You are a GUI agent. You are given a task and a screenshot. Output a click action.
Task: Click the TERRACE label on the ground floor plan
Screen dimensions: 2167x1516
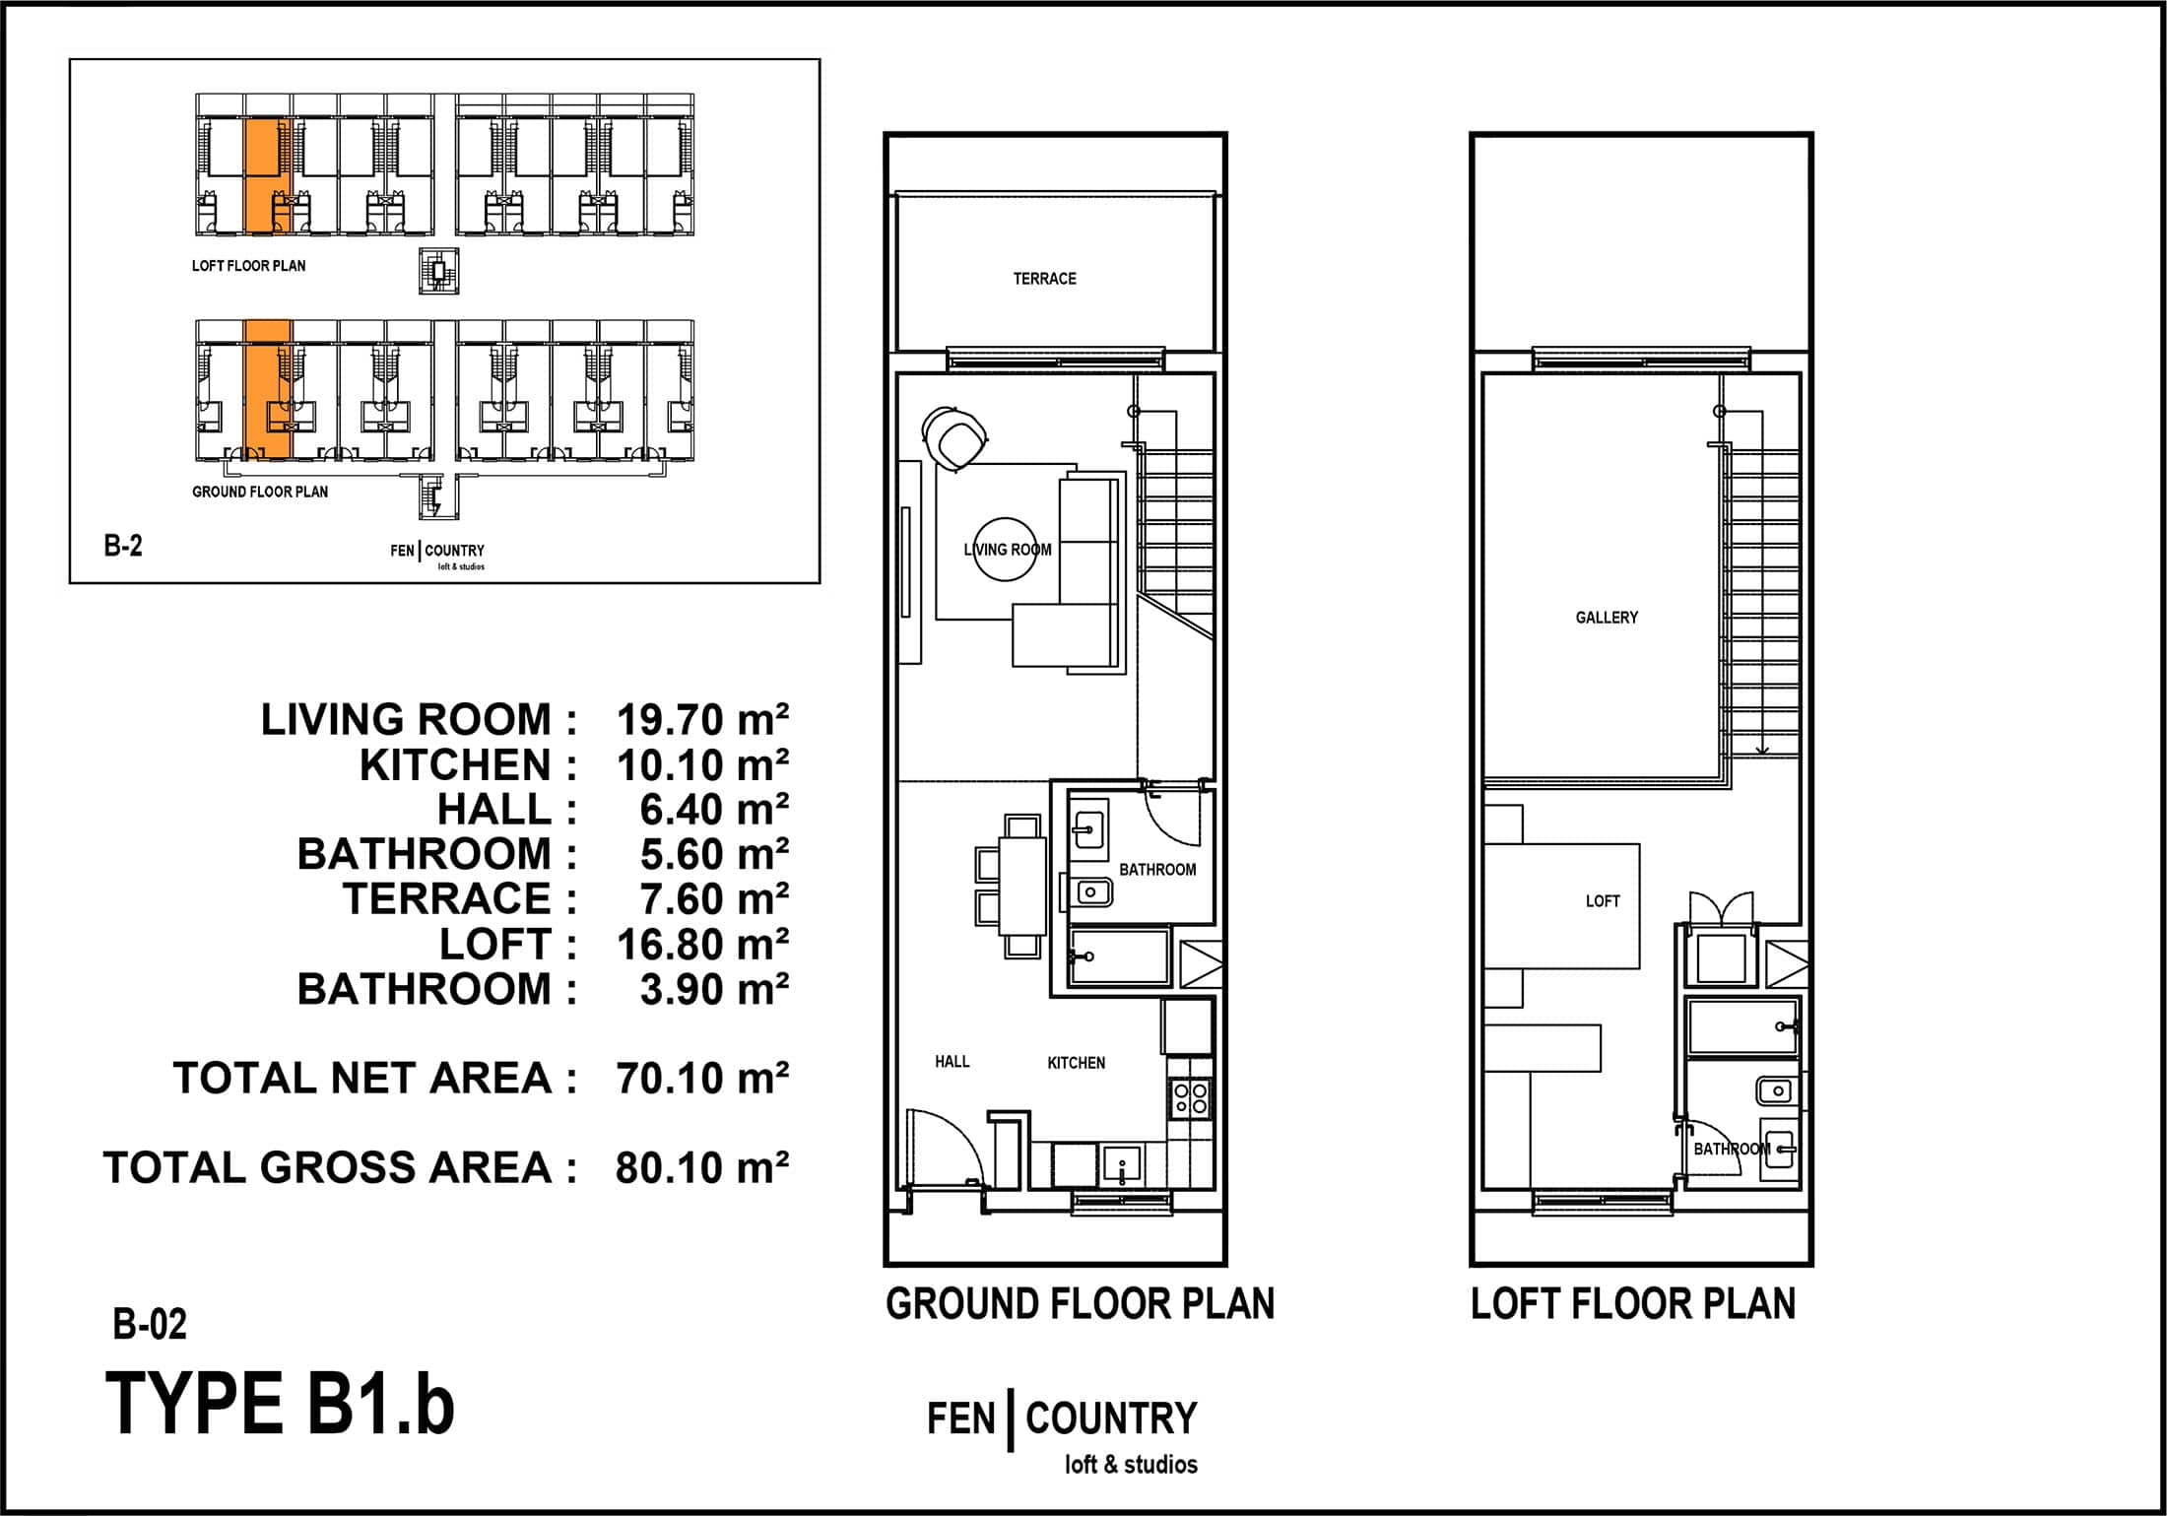coord(1044,279)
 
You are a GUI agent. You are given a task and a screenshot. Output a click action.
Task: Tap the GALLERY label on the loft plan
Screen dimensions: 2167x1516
coord(1607,618)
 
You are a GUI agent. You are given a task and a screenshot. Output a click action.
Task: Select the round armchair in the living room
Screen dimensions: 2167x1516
coord(954,436)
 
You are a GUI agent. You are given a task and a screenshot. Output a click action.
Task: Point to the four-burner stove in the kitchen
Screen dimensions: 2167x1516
coord(1190,1097)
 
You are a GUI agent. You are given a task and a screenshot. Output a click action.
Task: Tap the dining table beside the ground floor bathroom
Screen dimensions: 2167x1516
coord(1022,886)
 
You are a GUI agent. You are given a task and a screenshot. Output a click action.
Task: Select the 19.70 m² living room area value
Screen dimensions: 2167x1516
coord(702,719)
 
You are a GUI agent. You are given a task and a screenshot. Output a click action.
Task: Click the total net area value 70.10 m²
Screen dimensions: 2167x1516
coord(702,1078)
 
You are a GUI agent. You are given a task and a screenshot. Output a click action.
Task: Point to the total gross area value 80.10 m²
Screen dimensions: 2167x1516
coord(702,1167)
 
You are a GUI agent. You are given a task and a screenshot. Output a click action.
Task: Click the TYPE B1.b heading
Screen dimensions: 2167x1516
coord(280,1403)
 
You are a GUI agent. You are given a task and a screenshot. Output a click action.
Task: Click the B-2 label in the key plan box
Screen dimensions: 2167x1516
coord(123,546)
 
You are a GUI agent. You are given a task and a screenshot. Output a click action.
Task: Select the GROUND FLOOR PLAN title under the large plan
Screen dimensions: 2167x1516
coord(1080,1303)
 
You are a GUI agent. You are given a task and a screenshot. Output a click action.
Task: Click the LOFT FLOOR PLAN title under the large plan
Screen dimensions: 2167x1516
coord(1633,1303)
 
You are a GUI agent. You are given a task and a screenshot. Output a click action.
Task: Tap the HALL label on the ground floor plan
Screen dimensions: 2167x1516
coord(952,1061)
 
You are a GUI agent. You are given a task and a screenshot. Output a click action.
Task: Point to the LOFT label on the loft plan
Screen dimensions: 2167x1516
coord(1603,900)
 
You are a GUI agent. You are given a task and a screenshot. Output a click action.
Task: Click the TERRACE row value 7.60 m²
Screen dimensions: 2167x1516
coord(714,898)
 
